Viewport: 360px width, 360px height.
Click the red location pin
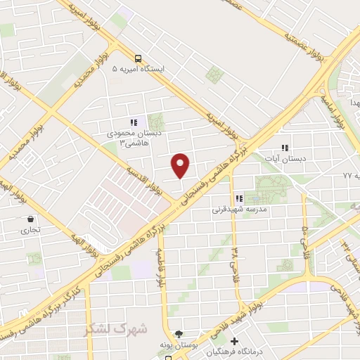[x=181, y=165]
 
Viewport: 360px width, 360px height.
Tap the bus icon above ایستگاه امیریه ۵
[x=138, y=59]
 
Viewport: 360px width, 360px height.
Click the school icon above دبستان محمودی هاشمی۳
[x=133, y=122]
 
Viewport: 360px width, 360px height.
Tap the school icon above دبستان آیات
[x=285, y=148]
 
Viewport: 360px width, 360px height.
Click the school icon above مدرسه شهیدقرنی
[x=239, y=199]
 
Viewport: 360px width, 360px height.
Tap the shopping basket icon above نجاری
[x=30, y=219]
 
